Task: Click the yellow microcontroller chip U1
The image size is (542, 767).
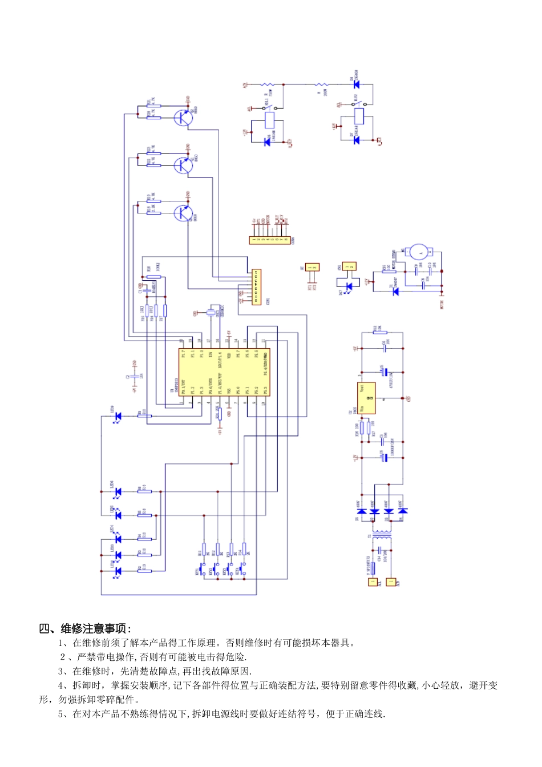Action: coord(224,372)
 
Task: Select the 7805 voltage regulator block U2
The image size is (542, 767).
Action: coord(366,398)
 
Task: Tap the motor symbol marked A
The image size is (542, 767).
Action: coord(421,252)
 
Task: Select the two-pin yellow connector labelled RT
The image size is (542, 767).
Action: coord(312,267)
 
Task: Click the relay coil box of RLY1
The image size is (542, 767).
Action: coord(270,120)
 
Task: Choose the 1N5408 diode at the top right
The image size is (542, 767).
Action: coord(357,84)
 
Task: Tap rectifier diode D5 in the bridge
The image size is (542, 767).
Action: coord(361,511)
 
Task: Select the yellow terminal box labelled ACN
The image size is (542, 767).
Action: coord(391,582)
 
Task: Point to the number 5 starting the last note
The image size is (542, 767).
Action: coord(60,714)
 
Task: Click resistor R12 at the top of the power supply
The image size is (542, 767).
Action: coord(379,332)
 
